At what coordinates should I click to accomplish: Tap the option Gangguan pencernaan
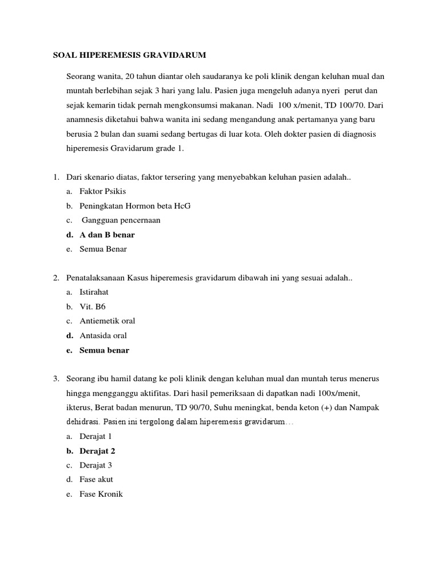click(x=121, y=220)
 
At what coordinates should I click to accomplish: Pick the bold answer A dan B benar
click(x=107, y=235)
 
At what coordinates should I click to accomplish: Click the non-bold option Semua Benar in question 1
click(x=103, y=249)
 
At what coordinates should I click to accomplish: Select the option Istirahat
click(x=94, y=292)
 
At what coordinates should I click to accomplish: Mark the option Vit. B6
click(x=93, y=307)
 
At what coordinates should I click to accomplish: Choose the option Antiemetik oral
click(x=108, y=321)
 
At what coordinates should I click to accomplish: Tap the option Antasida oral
click(x=103, y=335)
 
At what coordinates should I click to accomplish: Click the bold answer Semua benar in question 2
click(x=105, y=350)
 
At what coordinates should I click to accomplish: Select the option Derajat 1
click(x=96, y=436)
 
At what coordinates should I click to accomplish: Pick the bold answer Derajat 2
click(x=97, y=451)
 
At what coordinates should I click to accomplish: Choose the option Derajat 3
click(x=96, y=465)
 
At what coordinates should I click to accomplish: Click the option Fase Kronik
click(x=101, y=494)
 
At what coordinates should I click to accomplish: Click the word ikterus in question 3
click(x=80, y=407)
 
